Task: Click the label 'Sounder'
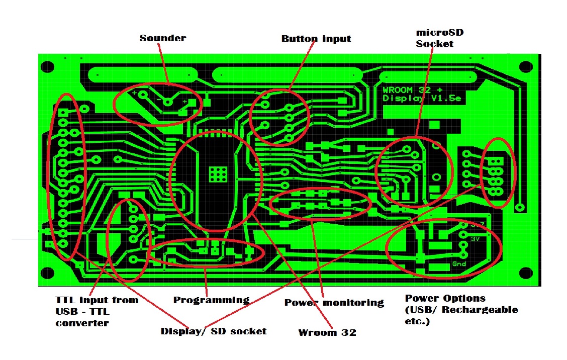162,38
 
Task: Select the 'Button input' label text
316,39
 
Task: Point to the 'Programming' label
211,300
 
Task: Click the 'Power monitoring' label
334,303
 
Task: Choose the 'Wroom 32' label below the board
327,333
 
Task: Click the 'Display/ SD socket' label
213,331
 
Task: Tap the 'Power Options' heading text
445,298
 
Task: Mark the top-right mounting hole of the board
525,67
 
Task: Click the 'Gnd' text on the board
459,264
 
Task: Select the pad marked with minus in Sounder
168,103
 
